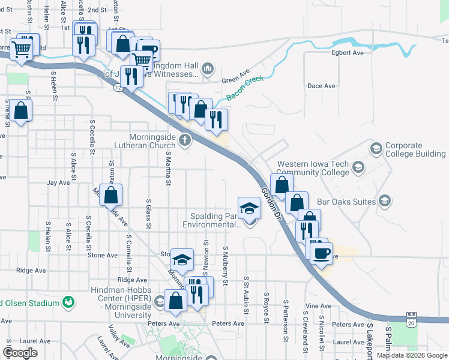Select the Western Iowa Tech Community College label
click(313, 168)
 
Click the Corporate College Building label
click(415, 149)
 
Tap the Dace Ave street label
click(321, 86)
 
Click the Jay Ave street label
click(59, 182)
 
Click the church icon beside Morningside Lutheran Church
click(185, 141)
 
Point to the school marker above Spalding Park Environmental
click(250, 208)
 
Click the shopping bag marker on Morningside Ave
click(111, 194)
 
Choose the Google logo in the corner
click(20, 353)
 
